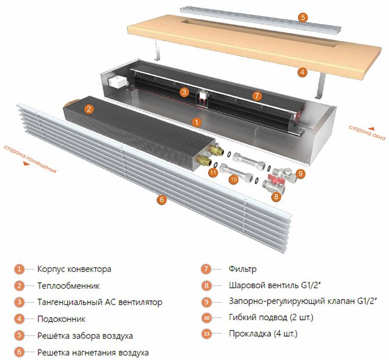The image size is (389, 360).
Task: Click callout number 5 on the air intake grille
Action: (x=302, y=17)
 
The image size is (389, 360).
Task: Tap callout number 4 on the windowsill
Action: (x=302, y=73)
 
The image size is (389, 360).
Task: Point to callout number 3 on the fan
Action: (x=184, y=92)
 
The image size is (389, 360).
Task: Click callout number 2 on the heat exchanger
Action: (x=89, y=109)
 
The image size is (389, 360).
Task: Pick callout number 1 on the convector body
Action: (x=197, y=123)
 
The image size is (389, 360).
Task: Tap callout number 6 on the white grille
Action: (x=161, y=200)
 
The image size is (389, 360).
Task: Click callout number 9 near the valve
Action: (x=300, y=173)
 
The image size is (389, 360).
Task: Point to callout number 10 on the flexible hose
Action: (x=233, y=180)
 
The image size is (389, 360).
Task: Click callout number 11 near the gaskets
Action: (x=212, y=172)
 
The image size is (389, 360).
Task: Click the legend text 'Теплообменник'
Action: (x=69, y=286)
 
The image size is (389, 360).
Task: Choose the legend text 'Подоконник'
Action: (x=61, y=319)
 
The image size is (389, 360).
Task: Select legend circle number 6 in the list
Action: (x=20, y=352)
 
